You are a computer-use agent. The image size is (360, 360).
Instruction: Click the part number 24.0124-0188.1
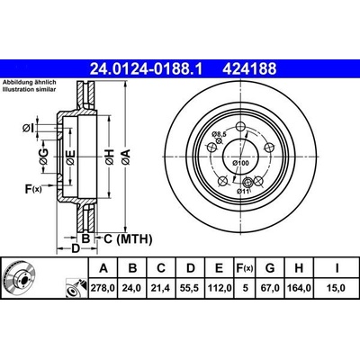(147, 69)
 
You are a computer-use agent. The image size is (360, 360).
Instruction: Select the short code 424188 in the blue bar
(249, 69)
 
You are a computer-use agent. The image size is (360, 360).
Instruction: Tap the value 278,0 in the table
(103, 288)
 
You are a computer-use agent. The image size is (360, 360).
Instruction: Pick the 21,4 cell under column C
(161, 288)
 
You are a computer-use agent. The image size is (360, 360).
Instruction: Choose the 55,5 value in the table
(191, 288)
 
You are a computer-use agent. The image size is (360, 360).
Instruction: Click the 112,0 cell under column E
(220, 288)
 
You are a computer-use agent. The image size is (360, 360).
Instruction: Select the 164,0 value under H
(299, 288)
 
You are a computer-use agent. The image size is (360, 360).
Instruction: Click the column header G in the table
(270, 268)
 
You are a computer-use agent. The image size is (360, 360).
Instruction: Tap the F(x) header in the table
(244, 268)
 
